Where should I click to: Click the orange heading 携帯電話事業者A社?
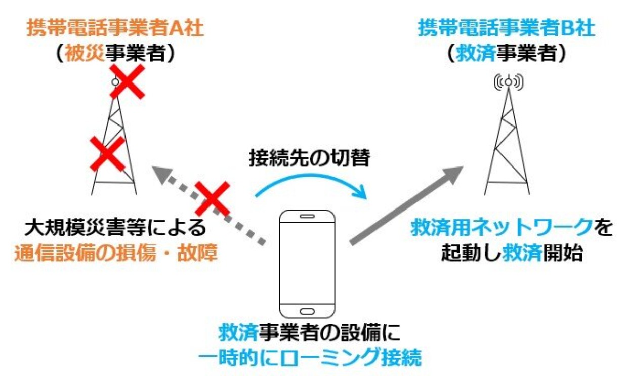click(115, 28)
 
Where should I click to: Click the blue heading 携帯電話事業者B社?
click(506, 28)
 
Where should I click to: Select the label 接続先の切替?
click(310, 158)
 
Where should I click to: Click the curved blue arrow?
click(310, 177)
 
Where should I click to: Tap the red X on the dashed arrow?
click(213, 198)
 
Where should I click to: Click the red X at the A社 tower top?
click(128, 81)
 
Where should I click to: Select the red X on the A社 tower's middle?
click(108, 154)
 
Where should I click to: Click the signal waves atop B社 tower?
click(509, 82)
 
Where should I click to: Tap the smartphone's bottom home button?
click(307, 311)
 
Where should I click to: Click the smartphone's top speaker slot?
click(307, 216)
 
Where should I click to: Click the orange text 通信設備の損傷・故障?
click(116, 253)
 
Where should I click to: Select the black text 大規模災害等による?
click(115, 228)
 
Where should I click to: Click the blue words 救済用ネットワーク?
click(502, 228)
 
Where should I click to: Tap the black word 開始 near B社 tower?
click(563, 253)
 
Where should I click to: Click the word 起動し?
click(472, 253)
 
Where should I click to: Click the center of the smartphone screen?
click(307, 263)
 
